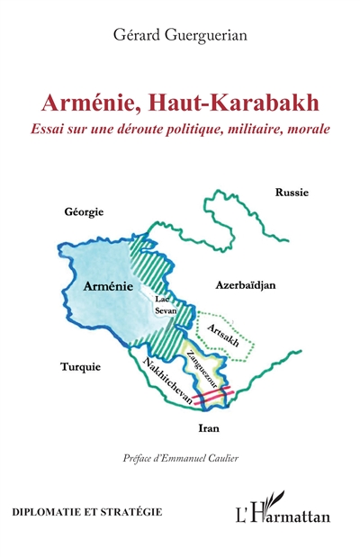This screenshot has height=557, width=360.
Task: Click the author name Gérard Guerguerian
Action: (179, 35)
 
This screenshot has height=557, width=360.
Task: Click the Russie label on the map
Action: (292, 192)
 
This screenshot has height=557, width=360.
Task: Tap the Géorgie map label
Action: (84, 211)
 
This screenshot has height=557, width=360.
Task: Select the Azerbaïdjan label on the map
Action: (245, 284)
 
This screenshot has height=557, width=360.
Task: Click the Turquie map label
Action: (80, 367)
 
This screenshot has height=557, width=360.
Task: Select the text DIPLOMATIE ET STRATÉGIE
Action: (87, 511)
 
